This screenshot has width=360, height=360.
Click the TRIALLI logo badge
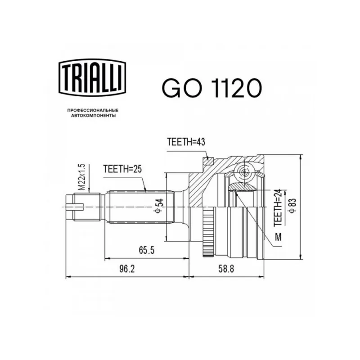(x=92, y=77)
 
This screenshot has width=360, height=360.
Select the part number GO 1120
(x=211, y=88)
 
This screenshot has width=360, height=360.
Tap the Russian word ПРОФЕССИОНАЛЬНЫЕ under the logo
(x=93, y=111)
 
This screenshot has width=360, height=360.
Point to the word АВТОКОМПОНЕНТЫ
(x=94, y=116)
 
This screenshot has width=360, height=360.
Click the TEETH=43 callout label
(x=186, y=142)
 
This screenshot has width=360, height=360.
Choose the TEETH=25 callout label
(x=122, y=169)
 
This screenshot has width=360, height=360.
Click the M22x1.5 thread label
(x=82, y=177)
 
